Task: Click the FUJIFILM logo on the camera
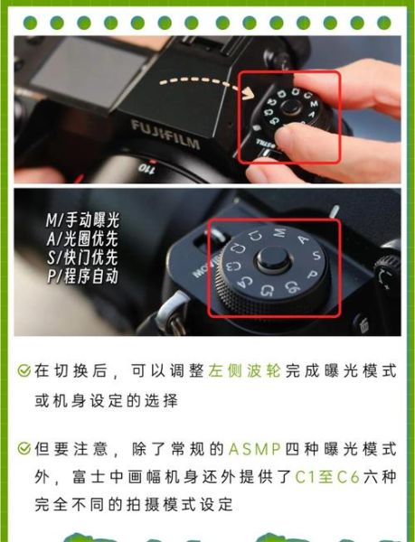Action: coord(166,128)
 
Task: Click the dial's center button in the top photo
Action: coord(289,109)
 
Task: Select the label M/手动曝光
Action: coord(82,220)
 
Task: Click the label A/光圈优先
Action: coord(82,239)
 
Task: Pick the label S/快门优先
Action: coord(82,258)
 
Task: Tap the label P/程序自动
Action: coord(82,277)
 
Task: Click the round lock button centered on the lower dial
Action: coord(270,263)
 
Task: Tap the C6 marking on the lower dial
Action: coord(292,289)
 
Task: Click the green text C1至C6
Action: coord(321,474)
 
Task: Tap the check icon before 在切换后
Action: coord(24,371)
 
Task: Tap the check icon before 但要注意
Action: coord(24,449)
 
